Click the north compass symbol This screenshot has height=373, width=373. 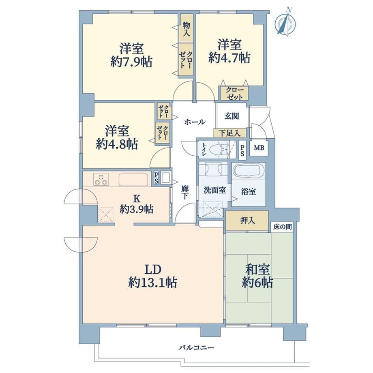285,23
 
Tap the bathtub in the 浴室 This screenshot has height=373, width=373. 249,171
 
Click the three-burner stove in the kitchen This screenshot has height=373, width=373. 101,179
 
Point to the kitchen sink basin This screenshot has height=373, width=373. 133,180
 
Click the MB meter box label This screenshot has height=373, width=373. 259,148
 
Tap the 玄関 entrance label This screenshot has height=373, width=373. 232,116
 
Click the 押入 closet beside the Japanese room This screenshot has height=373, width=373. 247,221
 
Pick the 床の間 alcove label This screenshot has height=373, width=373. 282,227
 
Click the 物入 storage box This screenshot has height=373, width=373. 186,28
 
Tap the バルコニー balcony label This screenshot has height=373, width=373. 196,348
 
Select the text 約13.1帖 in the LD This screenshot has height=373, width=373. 152,283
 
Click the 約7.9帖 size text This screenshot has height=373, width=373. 131,62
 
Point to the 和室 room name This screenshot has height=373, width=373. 257,270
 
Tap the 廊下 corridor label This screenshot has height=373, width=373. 185,192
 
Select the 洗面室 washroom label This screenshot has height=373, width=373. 214,190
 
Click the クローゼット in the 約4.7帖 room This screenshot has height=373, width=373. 235,93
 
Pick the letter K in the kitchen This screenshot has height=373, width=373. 137,198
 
